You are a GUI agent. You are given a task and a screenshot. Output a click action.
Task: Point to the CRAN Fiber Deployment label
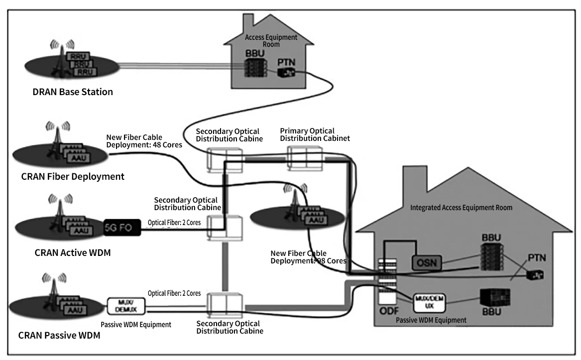pos(73,176)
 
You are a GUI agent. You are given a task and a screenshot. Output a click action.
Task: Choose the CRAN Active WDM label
pos(73,252)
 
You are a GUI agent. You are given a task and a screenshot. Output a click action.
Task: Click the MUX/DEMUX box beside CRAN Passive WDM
pos(126,305)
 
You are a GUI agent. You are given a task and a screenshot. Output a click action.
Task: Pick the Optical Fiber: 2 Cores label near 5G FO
pos(174,223)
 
